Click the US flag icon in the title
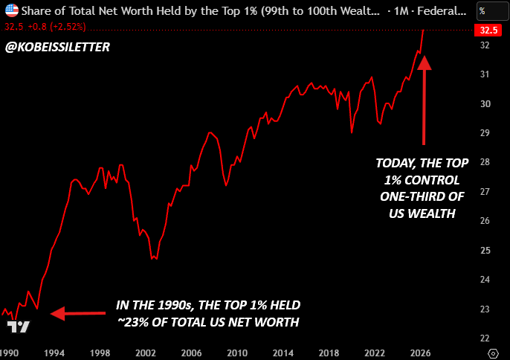click(12, 10)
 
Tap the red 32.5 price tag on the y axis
click(488, 30)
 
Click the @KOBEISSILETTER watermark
click(57, 47)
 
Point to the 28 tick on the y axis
click(485, 162)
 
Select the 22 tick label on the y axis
click(485, 338)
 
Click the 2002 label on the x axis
click(146, 353)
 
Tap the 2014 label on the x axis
click(283, 353)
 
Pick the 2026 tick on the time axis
click(421, 353)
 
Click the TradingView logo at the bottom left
click(18, 327)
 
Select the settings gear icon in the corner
click(493, 353)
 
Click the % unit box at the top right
click(492, 11)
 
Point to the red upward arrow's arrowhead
click(424, 62)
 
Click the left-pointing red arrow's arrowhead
click(57, 313)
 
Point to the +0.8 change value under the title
click(37, 27)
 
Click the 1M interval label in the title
click(401, 11)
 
